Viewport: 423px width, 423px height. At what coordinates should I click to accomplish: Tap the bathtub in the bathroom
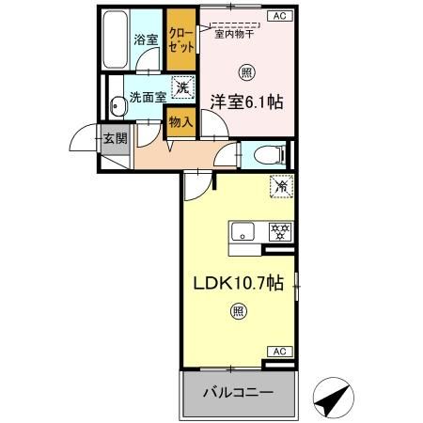115,41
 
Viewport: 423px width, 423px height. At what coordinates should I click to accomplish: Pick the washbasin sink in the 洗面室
117,107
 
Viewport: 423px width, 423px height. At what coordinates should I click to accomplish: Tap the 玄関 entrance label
113,140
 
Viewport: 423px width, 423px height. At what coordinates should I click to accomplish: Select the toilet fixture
266,153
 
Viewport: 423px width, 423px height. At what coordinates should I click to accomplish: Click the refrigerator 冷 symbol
280,186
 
